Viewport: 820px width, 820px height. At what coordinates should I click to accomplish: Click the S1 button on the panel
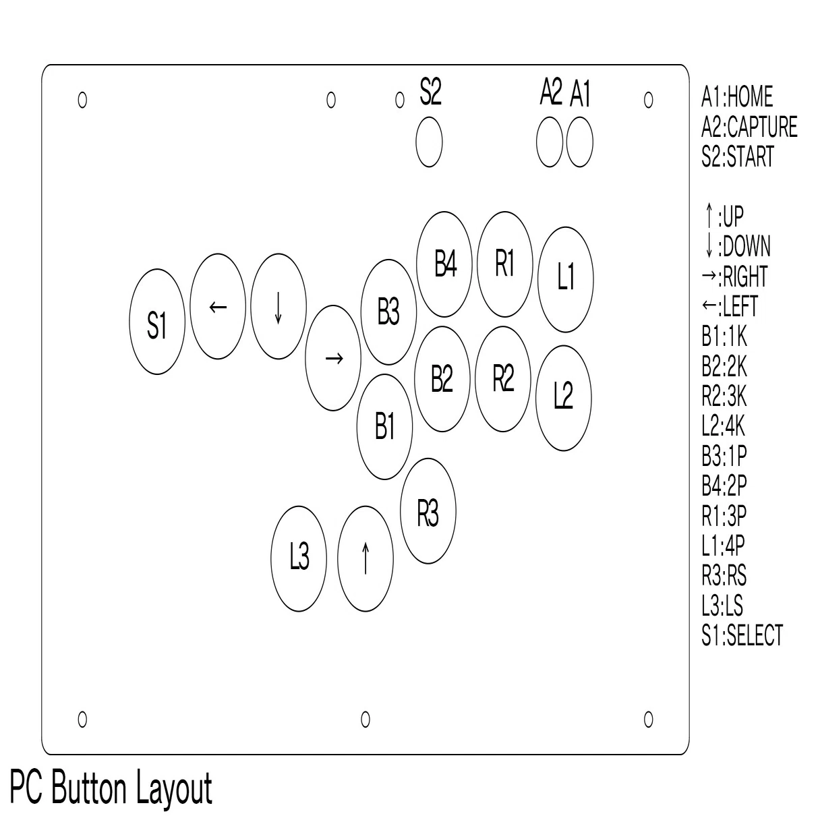(x=157, y=321)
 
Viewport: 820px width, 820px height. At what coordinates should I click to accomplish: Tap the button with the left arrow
(x=218, y=306)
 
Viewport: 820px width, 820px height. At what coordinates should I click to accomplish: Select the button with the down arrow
(x=279, y=306)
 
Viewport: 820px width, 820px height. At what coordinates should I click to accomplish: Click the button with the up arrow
(x=365, y=559)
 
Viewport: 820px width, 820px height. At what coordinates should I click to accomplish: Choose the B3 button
(x=388, y=312)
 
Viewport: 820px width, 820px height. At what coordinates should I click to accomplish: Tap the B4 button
(x=444, y=264)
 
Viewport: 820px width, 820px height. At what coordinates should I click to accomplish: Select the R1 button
(x=504, y=264)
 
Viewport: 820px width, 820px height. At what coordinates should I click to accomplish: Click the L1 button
(x=566, y=279)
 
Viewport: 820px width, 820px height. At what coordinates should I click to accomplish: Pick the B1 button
(x=384, y=427)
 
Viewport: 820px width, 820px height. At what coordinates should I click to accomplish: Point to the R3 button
(x=428, y=511)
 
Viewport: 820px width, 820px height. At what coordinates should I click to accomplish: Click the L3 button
(x=299, y=559)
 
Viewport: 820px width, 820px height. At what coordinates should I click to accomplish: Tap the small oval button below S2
(x=429, y=142)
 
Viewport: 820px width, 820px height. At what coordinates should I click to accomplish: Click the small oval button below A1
(x=579, y=142)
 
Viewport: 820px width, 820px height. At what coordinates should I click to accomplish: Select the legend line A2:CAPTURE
(x=749, y=126)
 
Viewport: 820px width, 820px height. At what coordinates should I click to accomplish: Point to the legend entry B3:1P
(x=724, y=455)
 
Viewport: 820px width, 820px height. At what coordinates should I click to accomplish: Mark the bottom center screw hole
(x=365, y=719)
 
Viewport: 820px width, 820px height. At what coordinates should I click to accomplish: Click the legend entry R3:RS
(x=724, y=575)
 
